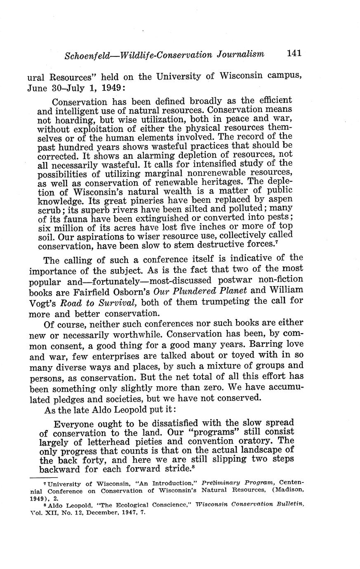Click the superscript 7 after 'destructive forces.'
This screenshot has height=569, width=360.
click(275, 244)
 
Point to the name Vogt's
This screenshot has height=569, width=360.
click(43, 302)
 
